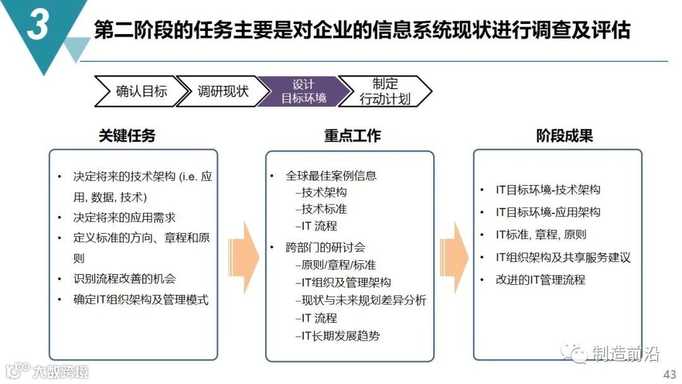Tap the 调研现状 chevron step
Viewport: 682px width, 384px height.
click(222, 91)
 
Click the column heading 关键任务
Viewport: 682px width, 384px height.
click(127, 135)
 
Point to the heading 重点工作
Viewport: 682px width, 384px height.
click(352, 135)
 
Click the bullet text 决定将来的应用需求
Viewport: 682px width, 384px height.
click(124, 218)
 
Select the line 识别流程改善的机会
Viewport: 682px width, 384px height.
click(124, 279)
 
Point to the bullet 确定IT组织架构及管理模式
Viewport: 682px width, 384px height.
click(141, 299)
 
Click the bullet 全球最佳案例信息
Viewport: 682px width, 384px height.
click(331, 176)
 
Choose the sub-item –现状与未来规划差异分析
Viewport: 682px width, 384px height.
click(361, 300)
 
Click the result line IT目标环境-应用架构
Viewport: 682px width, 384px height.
click(548, 212)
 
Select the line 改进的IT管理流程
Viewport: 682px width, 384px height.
click(541, 279)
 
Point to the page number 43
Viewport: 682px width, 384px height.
click(669, 373)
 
